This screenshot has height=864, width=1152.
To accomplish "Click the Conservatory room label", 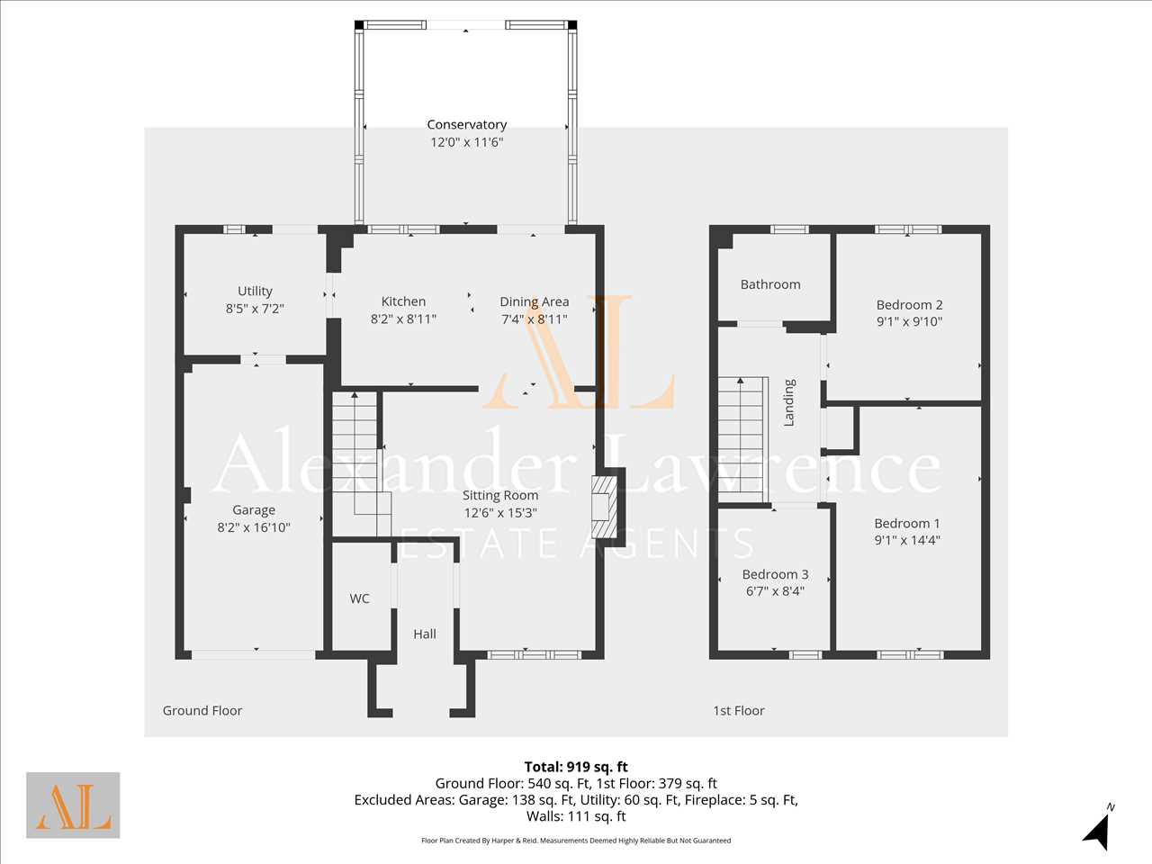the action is pos(466,125).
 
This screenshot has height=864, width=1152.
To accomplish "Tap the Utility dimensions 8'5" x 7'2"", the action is pos(255,309).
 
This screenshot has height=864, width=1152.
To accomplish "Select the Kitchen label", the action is pos(403,301).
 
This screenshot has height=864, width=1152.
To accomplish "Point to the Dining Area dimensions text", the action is pos(535,319).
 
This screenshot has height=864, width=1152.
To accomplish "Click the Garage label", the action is pos(254,510).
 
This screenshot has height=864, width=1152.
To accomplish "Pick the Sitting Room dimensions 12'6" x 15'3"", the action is pos(500,512).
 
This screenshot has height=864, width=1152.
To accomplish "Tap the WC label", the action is pos(359,598).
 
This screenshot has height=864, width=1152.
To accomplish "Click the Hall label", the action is pos(425,634).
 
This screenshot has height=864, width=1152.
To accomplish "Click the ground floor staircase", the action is pos(362,463).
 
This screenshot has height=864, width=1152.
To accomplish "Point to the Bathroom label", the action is pos(770,285).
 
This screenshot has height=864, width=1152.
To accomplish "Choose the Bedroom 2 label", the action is pos(910,305).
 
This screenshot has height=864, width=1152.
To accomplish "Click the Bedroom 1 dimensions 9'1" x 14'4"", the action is pos(907,540).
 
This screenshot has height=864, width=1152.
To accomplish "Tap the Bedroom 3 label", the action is pos(775,574).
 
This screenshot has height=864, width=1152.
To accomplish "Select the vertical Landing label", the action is pos(788,402).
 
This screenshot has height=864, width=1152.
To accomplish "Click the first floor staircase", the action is pos(742,439).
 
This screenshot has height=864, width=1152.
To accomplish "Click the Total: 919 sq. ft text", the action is pos(576,767).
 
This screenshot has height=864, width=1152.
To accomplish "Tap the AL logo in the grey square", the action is pos(73,805).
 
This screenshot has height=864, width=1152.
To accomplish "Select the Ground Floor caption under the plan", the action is pos(202,711).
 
